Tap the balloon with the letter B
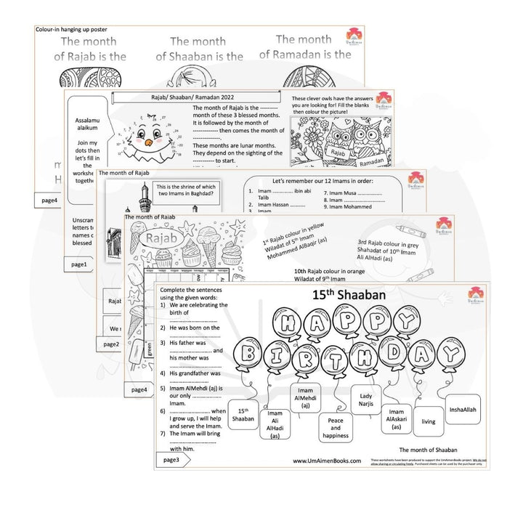(x=250, y=354)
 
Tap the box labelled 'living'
(x=429, y=421)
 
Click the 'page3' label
(x=171, y=460)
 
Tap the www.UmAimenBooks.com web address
(x=327, y=461)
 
